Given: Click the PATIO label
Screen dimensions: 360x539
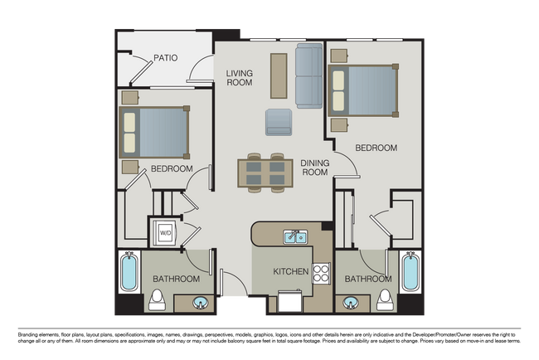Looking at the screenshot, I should [167, 58].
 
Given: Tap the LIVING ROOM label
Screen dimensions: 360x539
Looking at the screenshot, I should [240, 78].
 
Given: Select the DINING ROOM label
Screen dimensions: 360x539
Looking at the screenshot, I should [314, 168].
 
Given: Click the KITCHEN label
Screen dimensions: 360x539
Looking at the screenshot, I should [291, 271].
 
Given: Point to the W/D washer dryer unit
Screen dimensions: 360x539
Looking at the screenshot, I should [164, 232].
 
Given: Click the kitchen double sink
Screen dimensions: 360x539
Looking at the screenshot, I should [294, 238].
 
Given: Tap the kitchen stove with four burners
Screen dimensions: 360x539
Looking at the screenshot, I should [321, 272].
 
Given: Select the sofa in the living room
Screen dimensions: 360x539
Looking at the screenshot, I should [309, 76].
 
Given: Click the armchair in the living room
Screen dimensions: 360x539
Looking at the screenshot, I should [279, 122].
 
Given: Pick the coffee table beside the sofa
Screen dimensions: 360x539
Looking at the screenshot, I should [279, 76].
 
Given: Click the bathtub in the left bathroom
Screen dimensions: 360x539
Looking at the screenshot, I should [129, 272].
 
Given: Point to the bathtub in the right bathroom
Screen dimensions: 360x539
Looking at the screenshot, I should [410, 272].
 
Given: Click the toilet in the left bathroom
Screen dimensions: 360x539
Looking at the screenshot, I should [158, 300].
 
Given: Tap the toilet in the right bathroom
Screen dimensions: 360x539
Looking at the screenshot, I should [384, 300].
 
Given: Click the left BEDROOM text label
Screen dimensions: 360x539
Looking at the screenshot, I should [172, 169].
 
